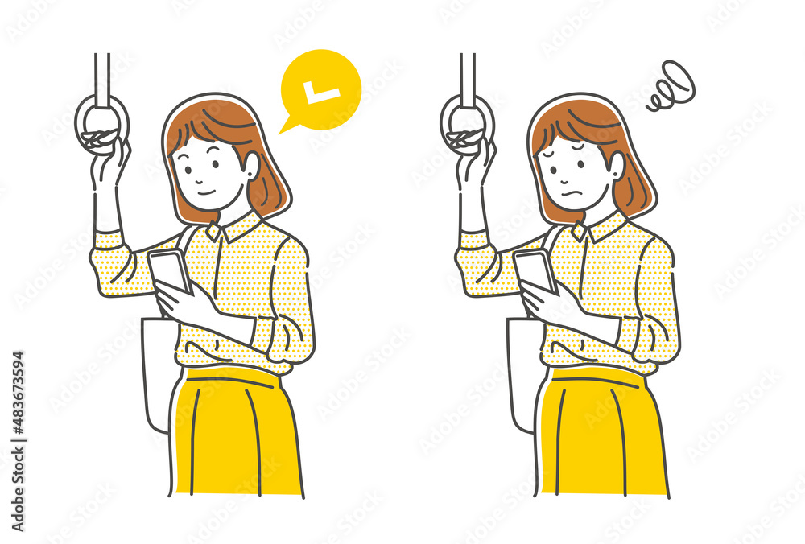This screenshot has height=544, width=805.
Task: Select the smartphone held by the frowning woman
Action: click(535, 270)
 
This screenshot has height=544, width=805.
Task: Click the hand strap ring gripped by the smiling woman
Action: click(101, 126)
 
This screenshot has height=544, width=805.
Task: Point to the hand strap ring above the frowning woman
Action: click(467, 126)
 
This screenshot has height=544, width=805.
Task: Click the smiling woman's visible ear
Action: click(251, 167)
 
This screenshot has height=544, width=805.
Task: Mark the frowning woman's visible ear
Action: click(617, 167)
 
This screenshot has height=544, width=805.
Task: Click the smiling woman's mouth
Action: click(206, 193)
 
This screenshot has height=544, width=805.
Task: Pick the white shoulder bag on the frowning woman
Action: click(522, 370)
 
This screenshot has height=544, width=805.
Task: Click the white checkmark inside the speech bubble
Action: click(324, 93)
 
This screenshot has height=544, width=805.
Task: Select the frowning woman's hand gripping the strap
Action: click(477, 161)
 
